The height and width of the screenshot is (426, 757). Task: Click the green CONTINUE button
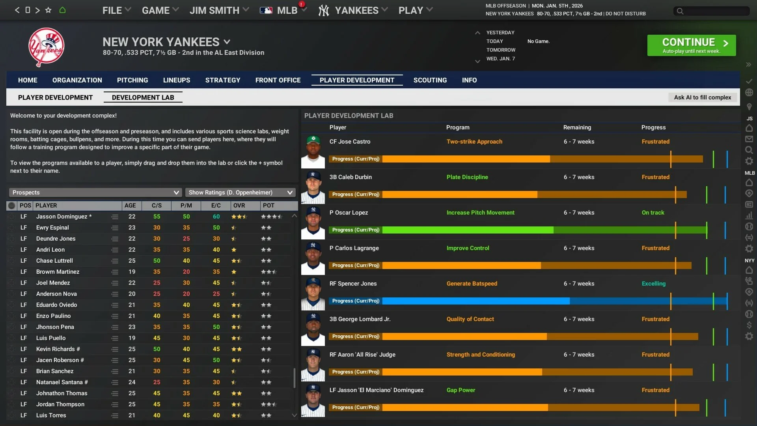[x=691, y=45]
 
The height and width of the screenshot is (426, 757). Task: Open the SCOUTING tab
[x=430, y=80]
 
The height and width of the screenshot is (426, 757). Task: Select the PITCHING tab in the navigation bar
[x=132, y=80]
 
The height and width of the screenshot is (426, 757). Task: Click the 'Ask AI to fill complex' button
[x=702, y=97]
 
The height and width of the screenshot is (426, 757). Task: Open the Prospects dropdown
[x=95, y=192]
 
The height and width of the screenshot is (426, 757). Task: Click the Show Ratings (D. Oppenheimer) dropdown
[x=240, y=192]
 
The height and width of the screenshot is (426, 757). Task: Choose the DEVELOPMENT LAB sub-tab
[x=143, y=97]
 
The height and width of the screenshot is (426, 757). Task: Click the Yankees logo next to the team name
[x=46, y=47]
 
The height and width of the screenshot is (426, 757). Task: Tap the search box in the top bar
[x=712, y=11]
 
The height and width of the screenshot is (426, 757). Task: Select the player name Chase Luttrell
[x=54, y=261]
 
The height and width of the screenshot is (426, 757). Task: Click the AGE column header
[x=130, y=206]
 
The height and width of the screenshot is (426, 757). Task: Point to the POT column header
[x=268, y=206]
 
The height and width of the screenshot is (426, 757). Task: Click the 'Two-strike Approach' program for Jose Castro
[x=474, y=142]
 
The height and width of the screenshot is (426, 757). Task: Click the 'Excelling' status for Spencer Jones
[x=653, y=284]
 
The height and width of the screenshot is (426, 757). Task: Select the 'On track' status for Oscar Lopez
[x=653, y=213]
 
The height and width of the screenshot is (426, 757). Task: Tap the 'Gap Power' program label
[x=461, y=390]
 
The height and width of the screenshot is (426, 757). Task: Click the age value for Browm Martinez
[x=132, y=272]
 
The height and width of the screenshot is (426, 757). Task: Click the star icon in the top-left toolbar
[x=48, y=10]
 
